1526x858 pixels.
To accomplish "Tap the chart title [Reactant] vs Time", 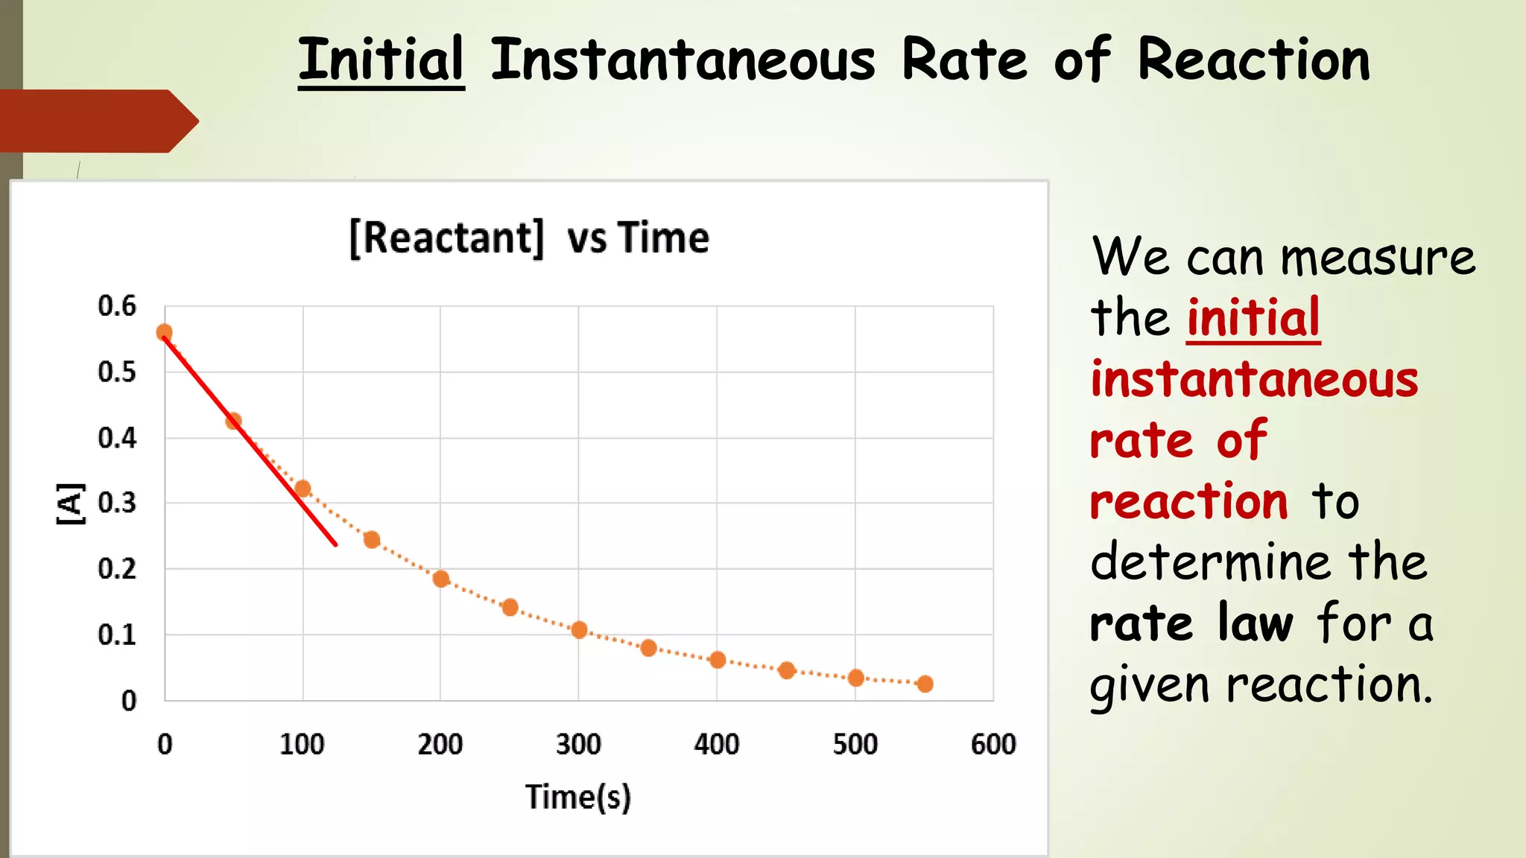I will [x=529, y=238].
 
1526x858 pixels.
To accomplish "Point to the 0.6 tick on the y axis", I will [x=118, y=306].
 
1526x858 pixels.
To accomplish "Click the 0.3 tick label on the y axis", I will [x=118, y=503].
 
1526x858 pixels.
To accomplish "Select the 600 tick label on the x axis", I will [x=992, y=744].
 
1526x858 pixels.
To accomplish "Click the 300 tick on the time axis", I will [x=578, y=744].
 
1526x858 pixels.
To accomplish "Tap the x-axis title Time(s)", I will [x=578, y=797].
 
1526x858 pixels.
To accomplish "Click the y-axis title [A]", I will [x=71, y=503].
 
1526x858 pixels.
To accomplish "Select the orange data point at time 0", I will [x=165, y=332].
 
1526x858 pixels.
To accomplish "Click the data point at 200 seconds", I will [x=441, y=579].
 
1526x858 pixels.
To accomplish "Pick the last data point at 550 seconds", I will [x=925, y=684].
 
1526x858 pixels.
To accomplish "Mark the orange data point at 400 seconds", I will [x=718, y=660].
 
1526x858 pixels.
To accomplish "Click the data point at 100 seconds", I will [x=303, y=489].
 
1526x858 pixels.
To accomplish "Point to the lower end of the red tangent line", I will [x=335, y=544].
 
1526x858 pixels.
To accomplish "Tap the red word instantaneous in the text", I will [x=1254, y=379].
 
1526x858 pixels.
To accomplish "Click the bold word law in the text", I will [x=1256, y=623].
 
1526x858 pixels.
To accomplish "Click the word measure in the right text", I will [x=1378, y=258].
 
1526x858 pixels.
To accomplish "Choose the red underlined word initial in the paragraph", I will [x=1253, y=318].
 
